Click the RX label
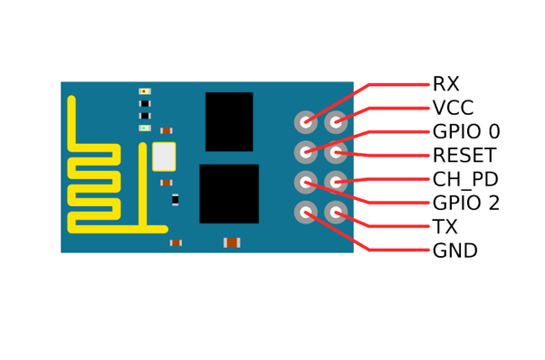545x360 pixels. (445, 85)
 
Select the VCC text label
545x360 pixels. (453, 109)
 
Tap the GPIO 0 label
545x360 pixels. (465, 132)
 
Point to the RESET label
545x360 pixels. (464, 156)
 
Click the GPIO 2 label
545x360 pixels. (465, 204)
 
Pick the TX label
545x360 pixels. (445, 227)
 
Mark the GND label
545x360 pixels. (454, 251)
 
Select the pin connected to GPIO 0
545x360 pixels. (306, 152)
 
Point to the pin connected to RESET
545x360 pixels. (336, 152)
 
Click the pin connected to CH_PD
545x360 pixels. (336, 182)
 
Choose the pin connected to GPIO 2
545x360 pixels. (306, 182)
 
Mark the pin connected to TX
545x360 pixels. (336, 213)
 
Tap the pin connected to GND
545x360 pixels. (306, 213)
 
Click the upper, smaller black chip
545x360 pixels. (229, 121)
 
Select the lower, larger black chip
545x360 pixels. (229, 193)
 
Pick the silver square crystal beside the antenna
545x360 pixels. (164, 156)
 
